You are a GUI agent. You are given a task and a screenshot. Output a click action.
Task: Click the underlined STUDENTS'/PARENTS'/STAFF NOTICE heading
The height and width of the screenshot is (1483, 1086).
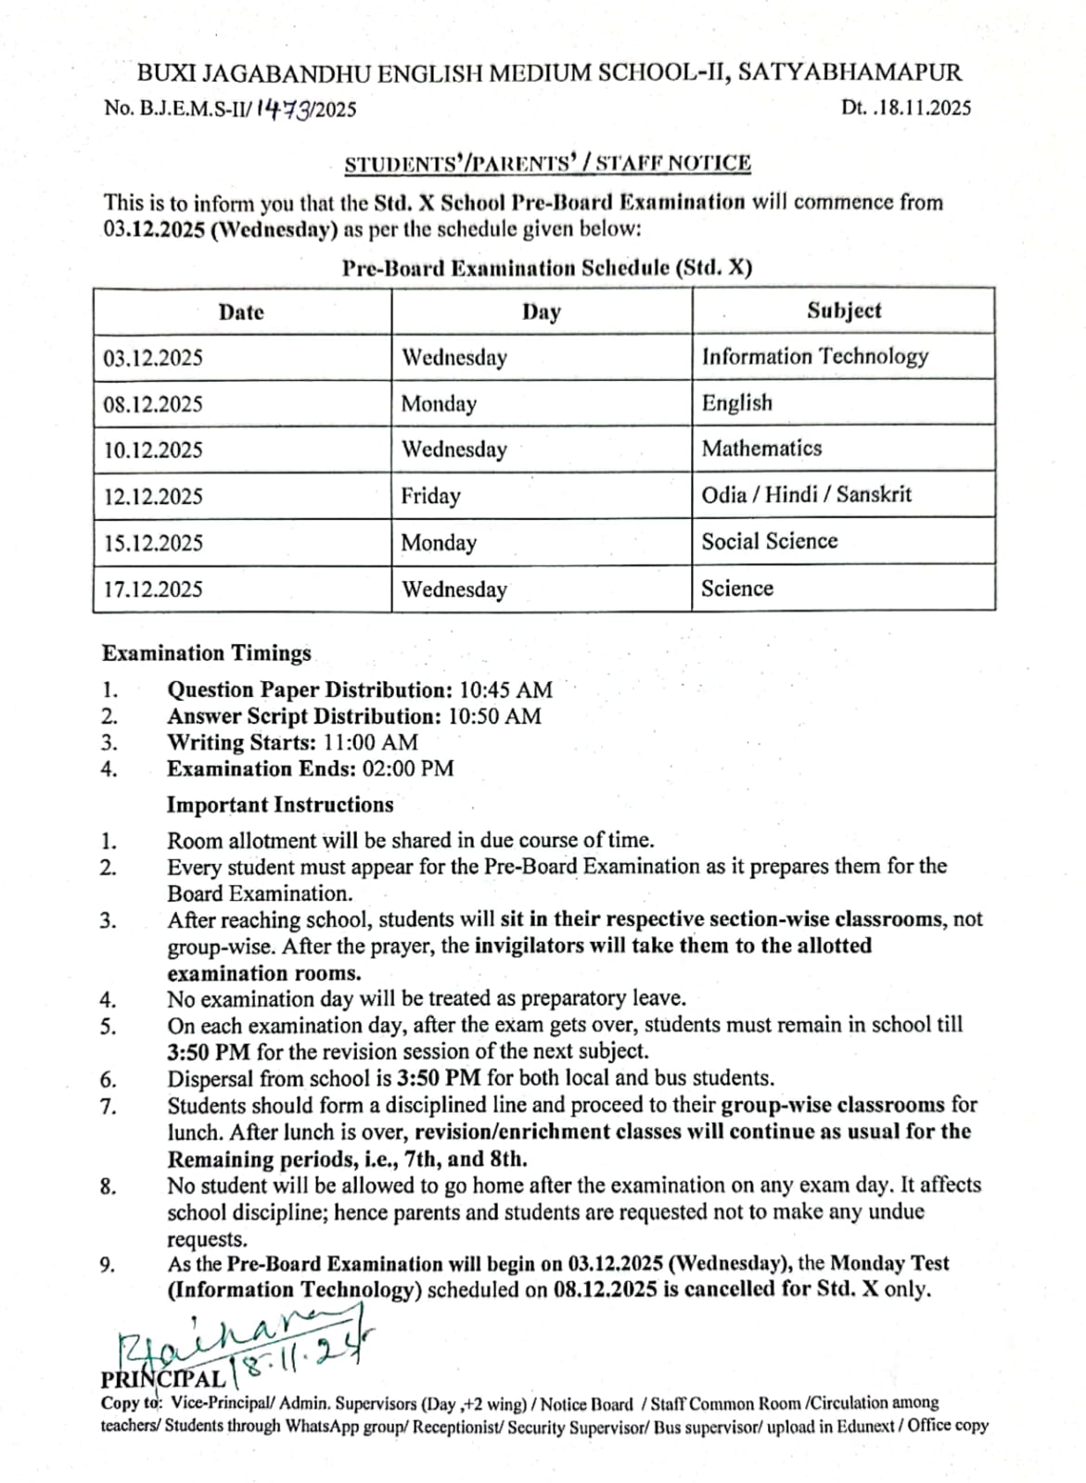click(547, 164)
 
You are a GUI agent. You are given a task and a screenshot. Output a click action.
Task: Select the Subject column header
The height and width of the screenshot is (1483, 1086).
click(843, 311)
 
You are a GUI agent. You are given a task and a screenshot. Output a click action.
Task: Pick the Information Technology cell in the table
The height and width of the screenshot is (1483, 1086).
click(814, 357)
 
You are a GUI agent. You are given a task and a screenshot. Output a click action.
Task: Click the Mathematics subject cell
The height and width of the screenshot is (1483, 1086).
click(761, 449)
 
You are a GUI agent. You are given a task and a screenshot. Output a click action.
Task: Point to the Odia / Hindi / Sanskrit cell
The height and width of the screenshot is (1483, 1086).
click(806, 495)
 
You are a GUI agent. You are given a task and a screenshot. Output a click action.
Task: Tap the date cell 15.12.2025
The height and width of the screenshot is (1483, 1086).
click(153, 542)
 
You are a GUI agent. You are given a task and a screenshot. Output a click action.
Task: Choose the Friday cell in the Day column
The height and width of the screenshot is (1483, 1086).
click(430, 496)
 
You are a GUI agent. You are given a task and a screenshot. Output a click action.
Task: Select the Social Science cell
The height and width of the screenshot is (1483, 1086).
click(769, 541)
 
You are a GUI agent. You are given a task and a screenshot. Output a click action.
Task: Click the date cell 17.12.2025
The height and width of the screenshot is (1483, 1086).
click(153, 589)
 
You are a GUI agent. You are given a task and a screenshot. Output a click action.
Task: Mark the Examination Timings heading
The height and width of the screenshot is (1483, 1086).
click(207, 653)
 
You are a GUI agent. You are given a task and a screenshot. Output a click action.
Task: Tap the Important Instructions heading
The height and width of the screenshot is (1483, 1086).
click(280, 805)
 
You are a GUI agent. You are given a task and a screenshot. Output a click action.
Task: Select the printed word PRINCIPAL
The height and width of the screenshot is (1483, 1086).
click(162, 1378)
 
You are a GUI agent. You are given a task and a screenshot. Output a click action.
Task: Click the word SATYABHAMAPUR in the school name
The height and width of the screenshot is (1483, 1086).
click(850, 72)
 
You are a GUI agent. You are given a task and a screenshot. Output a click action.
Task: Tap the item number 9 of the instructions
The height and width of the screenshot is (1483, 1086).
click(109, 1265)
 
